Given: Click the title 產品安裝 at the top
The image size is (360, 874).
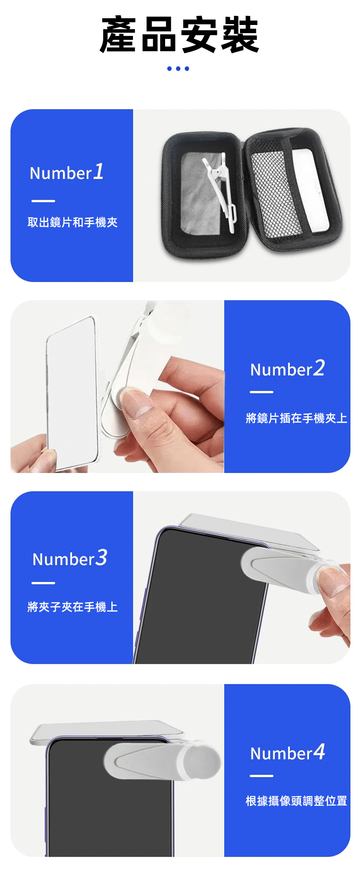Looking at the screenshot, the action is point(180,35).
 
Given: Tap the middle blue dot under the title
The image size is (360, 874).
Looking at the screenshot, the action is point(178,69).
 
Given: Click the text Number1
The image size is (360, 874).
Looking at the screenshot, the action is point(67,172).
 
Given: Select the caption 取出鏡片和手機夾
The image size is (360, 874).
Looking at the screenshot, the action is point(72,222).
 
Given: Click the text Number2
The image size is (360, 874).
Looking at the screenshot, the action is point(288,368).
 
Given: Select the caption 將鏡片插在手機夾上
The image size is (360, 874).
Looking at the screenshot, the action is point(296,418).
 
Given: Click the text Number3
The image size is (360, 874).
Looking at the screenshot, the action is point(70,558).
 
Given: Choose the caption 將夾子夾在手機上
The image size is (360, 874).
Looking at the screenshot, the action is point(72,607).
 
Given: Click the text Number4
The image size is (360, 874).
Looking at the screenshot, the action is point(288,753).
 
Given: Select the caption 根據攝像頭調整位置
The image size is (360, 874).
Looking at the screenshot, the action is point(296,801).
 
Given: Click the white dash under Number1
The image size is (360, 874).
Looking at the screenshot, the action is point(43,201).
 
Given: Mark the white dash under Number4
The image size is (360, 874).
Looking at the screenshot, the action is point(262,776).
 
